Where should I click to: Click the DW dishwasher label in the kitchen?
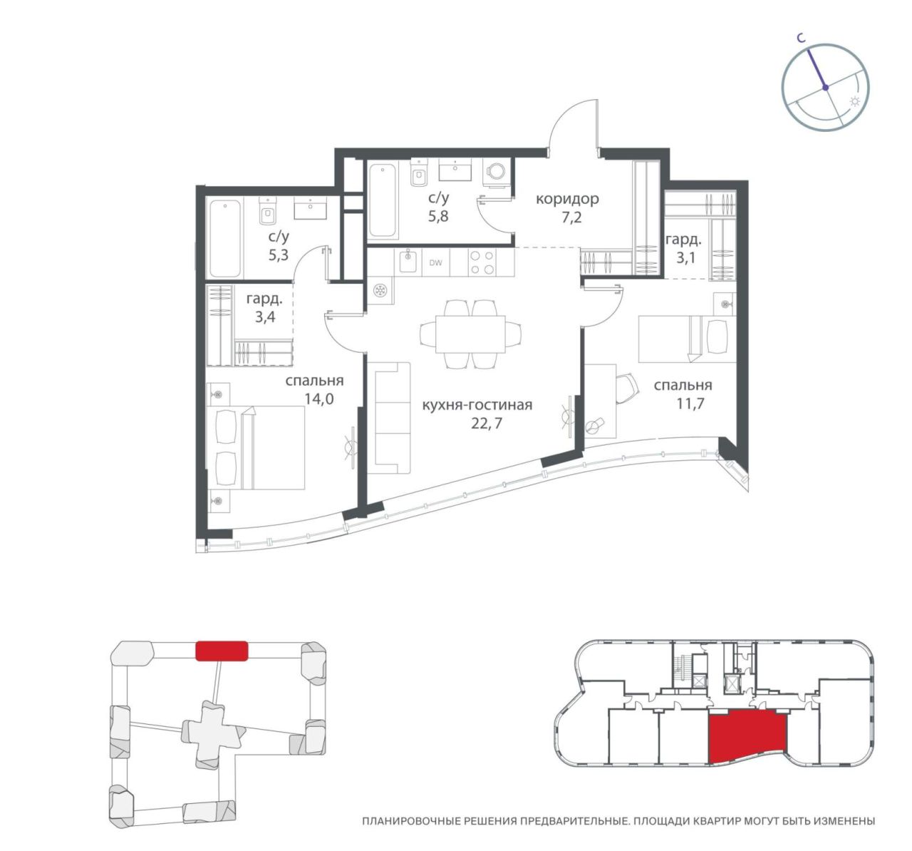(435, 263)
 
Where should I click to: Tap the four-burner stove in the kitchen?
(482, 262)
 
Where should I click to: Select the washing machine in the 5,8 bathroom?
(496, 173)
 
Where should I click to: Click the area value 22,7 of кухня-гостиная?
(487, 423)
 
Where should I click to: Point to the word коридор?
(568, 199)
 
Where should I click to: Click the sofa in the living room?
(393, 418)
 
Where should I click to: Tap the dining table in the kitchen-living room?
(471, 334)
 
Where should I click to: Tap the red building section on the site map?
(222, 651)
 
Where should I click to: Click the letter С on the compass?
(802, 39)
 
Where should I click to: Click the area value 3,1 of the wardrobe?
(685, 258)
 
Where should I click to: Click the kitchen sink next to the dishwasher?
(408, 262)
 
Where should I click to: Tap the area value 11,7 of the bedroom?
(690, 403)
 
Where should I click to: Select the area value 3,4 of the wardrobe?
(265, 316)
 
